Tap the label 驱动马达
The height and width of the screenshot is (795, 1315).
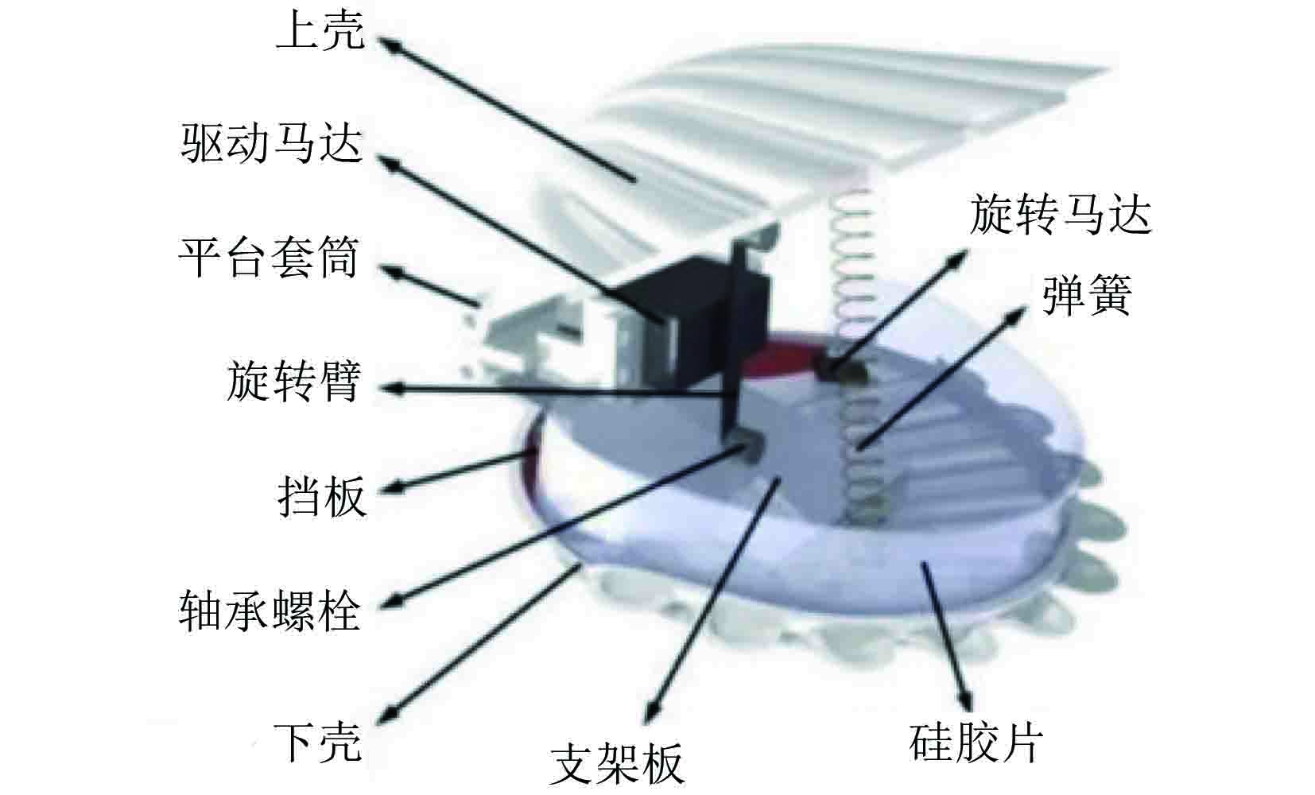(271, 144)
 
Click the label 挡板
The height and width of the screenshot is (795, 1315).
(321, 497)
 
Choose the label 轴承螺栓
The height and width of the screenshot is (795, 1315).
(270, 611)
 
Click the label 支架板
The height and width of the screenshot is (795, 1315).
(616, 763)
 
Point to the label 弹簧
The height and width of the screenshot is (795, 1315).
(1086, 297)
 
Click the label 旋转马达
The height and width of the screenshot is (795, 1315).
(1060, 215)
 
